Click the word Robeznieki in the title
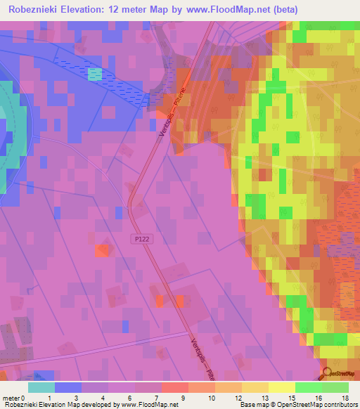[35, 10]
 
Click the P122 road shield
[141, 239]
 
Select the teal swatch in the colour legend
[41, 387]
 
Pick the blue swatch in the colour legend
[68, 387]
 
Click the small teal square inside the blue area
[95, 74]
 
